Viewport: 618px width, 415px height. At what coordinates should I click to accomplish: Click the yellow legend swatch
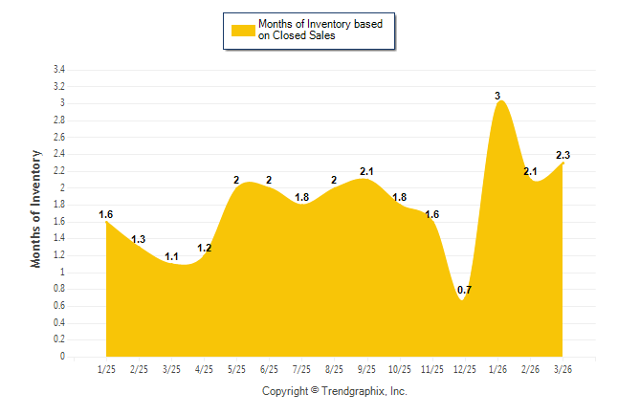pos(243,30)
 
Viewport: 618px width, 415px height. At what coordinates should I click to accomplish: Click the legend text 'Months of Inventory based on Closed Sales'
pos(320,30)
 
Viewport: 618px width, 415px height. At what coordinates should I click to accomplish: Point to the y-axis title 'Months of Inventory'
pos(36,208)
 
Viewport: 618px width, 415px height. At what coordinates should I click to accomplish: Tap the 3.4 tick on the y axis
pos(58,70)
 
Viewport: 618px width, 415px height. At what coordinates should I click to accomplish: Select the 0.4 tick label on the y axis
pos(58,323)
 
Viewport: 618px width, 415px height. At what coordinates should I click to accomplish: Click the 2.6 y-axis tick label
pos(58,138)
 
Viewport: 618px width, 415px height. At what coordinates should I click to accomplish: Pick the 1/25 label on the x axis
pos(106,369)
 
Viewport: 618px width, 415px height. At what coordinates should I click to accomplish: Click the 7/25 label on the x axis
pos(301,369)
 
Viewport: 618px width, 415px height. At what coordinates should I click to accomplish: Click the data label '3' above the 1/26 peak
pos(497,96)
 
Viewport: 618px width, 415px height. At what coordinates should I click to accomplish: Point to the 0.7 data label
pos(464,290)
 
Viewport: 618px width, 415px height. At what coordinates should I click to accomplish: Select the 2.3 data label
pos(563,155)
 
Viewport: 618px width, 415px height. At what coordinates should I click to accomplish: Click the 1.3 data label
pos(139,239)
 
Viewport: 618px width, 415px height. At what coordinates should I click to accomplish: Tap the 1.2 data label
pos(204,248)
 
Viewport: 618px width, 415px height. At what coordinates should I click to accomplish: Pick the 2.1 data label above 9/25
pos(366,172)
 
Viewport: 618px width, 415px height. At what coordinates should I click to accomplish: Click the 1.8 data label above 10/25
pos(399,197)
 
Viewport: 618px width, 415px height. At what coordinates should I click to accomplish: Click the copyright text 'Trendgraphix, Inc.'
pos(363,391)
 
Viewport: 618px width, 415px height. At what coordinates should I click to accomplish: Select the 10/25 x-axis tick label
pos(399,369)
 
